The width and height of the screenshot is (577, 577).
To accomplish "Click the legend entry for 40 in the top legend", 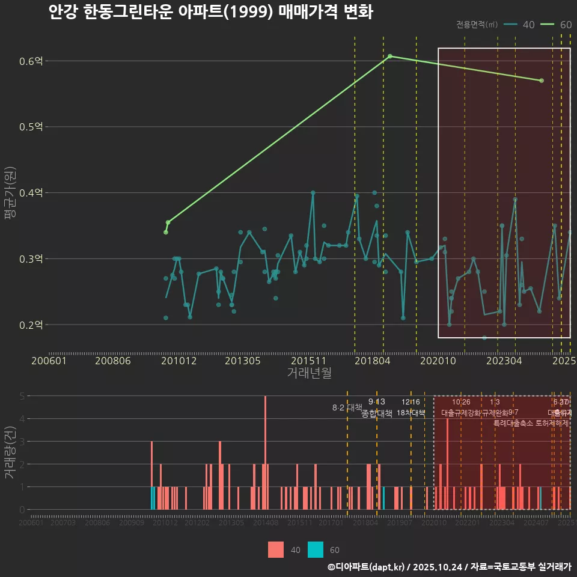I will [519, 25].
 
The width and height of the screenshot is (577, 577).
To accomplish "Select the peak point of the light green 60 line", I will [390, 56].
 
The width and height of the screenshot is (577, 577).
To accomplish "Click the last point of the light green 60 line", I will [542, 81].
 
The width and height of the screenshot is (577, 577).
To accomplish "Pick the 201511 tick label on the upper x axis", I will [307, 361].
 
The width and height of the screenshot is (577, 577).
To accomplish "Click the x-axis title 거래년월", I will [309, 373].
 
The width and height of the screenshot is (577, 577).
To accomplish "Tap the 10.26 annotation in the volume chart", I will [461, 402].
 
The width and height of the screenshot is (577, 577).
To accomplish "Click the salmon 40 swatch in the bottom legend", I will [276, 549].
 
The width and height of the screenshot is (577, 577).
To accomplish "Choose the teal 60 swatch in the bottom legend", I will [316, 549].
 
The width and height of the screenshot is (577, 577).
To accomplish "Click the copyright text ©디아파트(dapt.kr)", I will [367, 567].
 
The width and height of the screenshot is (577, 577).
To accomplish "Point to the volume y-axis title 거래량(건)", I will [10, 452].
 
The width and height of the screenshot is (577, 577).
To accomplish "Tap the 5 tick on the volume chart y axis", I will [22, 396].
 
